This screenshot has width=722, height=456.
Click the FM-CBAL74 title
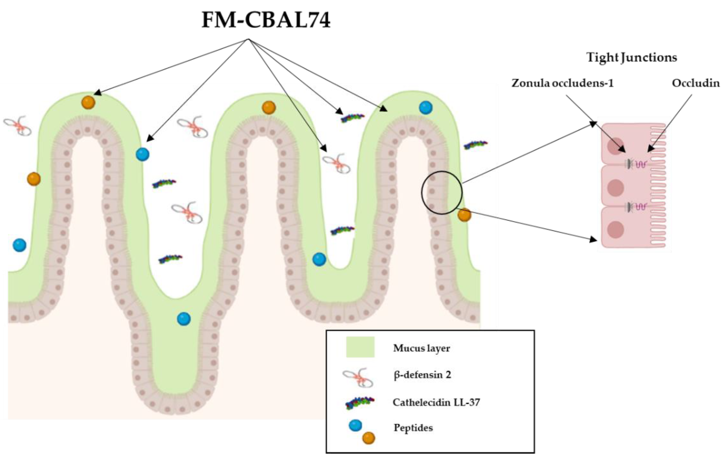tap(266, 20)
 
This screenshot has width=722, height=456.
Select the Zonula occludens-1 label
tap(563, 83)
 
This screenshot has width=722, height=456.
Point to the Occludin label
tap(695, 83)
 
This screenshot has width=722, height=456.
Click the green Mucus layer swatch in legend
tap(360, 347)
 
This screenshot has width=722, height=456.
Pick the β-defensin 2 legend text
tap(422, 375)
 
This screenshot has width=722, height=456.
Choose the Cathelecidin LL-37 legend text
tap(436, 402)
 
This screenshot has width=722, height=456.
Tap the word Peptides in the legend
tap(413, 427)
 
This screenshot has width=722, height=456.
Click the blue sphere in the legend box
tap(355, 425)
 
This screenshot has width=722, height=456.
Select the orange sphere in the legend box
tap(369, 438)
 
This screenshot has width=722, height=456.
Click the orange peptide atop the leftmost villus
tap(88, 102)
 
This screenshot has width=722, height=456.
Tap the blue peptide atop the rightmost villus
tap(426, 108)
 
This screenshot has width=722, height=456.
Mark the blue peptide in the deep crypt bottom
tap(184, 319)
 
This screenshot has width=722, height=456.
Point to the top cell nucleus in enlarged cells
tap(616, 146)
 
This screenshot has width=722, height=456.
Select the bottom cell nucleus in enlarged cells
tap(616, 230)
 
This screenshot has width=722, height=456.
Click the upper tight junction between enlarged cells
tap(636, 164)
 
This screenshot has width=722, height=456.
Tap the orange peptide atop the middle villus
tap(269, 108)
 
